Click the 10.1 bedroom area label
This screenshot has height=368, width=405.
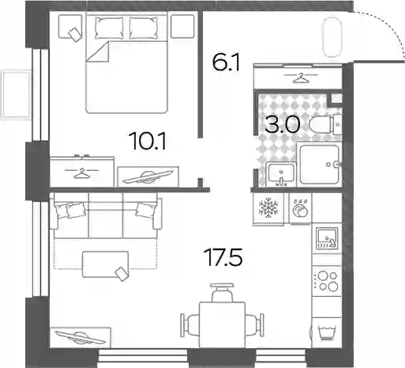148,141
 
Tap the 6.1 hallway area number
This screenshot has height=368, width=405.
226,63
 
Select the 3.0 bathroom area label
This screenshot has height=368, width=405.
282,125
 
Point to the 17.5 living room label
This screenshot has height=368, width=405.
224,257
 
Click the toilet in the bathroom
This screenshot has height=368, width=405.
325,125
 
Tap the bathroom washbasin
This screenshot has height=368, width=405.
281,174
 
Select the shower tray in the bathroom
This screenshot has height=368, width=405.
320,164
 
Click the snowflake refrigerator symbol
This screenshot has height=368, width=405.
268,207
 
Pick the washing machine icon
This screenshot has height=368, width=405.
300,209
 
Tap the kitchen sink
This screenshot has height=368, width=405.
327,238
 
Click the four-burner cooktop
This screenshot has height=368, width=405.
327,281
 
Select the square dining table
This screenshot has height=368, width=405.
222,325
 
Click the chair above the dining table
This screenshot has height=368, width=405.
222,292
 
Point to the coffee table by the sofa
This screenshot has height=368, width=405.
106,264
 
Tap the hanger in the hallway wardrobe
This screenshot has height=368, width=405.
301,78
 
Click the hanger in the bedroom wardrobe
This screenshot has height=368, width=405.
82,173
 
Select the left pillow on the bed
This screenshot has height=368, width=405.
109,28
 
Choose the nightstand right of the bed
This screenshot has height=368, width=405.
182,26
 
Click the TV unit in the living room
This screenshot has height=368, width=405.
81,338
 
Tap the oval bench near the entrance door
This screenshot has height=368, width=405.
332,37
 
